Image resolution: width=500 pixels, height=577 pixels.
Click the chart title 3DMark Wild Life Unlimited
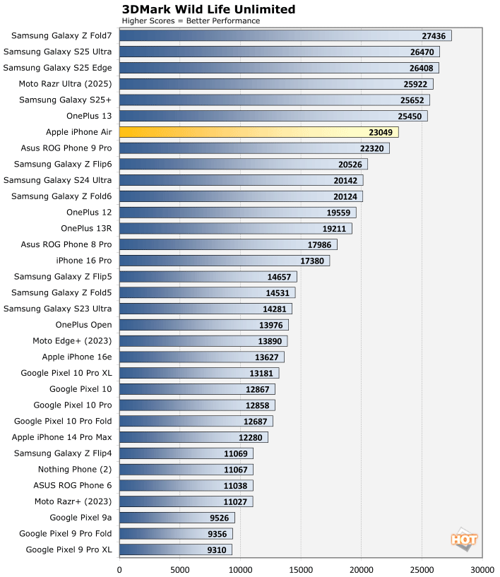[x=208, y=9]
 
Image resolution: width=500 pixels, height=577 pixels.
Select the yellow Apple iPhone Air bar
[x=258, y=132]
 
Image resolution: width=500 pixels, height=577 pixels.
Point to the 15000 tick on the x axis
[x=301, y=568]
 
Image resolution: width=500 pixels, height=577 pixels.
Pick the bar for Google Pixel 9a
[x=177, y=518]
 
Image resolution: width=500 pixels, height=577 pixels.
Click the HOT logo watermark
[x=464, y=539]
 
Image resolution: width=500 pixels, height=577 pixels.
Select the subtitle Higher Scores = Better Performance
[x=191, y=20]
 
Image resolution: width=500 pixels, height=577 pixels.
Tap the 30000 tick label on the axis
[x=482, y=568]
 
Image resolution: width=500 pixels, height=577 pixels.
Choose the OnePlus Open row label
[x=83, y=325]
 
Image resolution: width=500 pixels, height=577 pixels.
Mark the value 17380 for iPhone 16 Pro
[x=311, y=261]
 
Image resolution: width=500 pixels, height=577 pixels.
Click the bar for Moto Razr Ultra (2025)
[x=276, y=84]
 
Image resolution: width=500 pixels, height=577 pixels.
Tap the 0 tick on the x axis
[x=119, y=568]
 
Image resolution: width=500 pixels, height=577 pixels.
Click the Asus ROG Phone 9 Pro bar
[x=254, y=148]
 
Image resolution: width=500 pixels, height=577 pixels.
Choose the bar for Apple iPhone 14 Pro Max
[x=194, y=437]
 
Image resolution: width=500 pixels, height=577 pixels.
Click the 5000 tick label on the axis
[x=180, y=568]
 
